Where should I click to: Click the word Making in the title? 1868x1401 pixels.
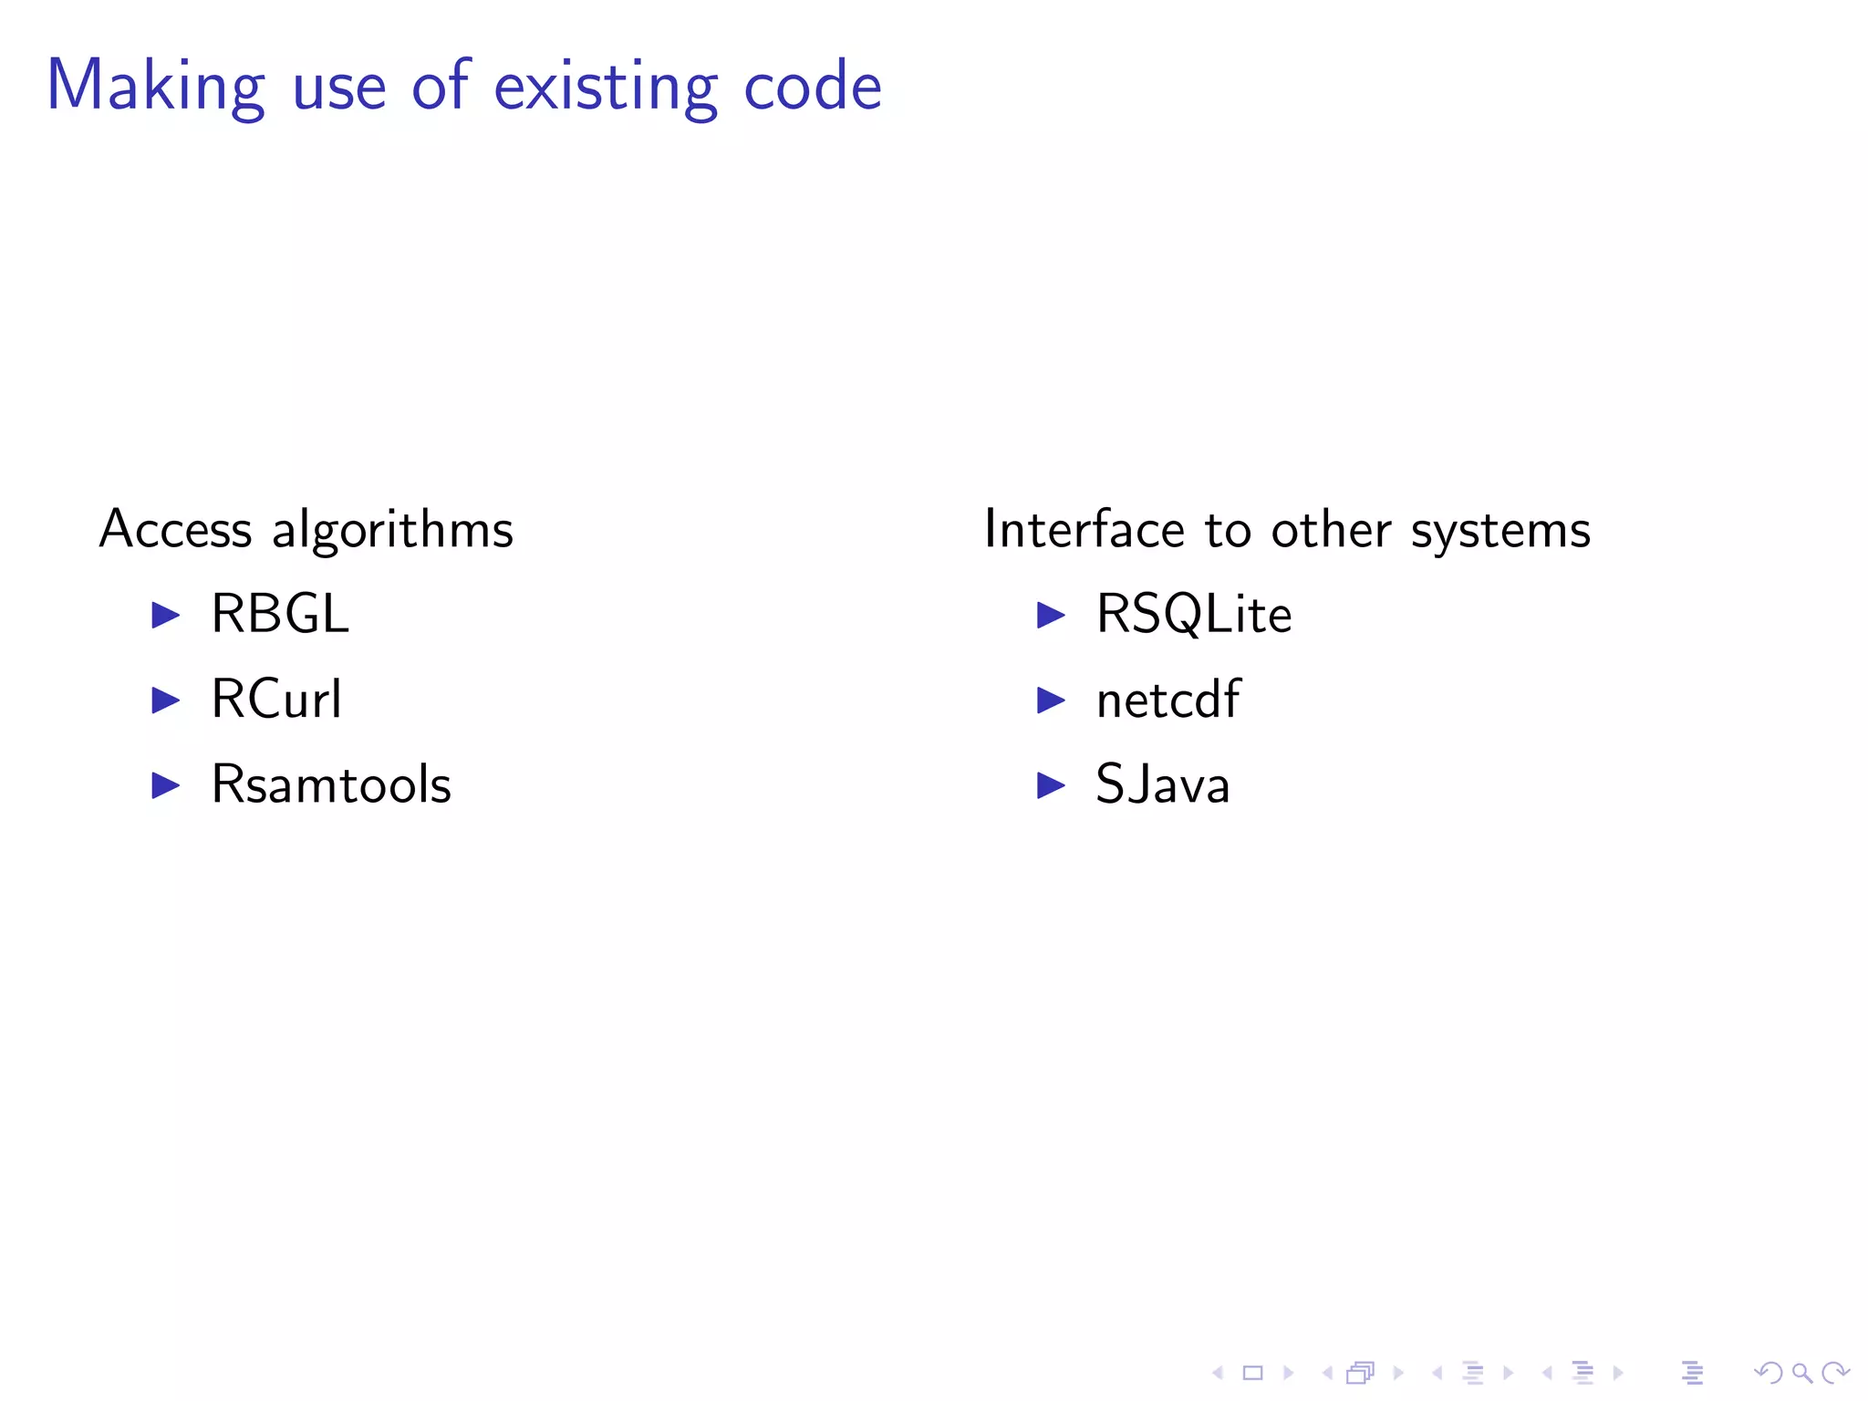[x=155, y=87]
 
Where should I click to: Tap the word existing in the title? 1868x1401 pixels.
[x=606, y=87]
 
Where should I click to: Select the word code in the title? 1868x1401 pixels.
[x=813, y=87]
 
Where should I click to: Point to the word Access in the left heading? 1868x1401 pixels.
[x=175, y=529]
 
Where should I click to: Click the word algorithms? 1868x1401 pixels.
[x=393, y=529]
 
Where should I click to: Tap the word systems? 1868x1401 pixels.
[x=1500, y=531]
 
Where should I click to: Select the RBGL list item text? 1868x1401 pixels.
[x=280, y=614]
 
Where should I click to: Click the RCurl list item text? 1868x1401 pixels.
[x=276, y=700]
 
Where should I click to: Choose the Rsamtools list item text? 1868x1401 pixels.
[x=331, y=784]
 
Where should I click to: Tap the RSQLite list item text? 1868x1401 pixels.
[x=1194, y=614]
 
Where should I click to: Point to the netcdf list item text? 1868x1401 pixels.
[x=1167, y=700]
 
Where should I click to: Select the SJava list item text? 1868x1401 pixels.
[x=1163, y=784]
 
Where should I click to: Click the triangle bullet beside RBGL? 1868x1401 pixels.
[x=166, y=615]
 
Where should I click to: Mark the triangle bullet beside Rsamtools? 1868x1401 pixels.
[x=166, y=785]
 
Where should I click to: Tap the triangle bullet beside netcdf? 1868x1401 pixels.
[x=1051, y=700]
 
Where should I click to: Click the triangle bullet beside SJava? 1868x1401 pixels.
[x=1051, y=785]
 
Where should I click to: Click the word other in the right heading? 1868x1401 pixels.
[x=1332, y=529]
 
